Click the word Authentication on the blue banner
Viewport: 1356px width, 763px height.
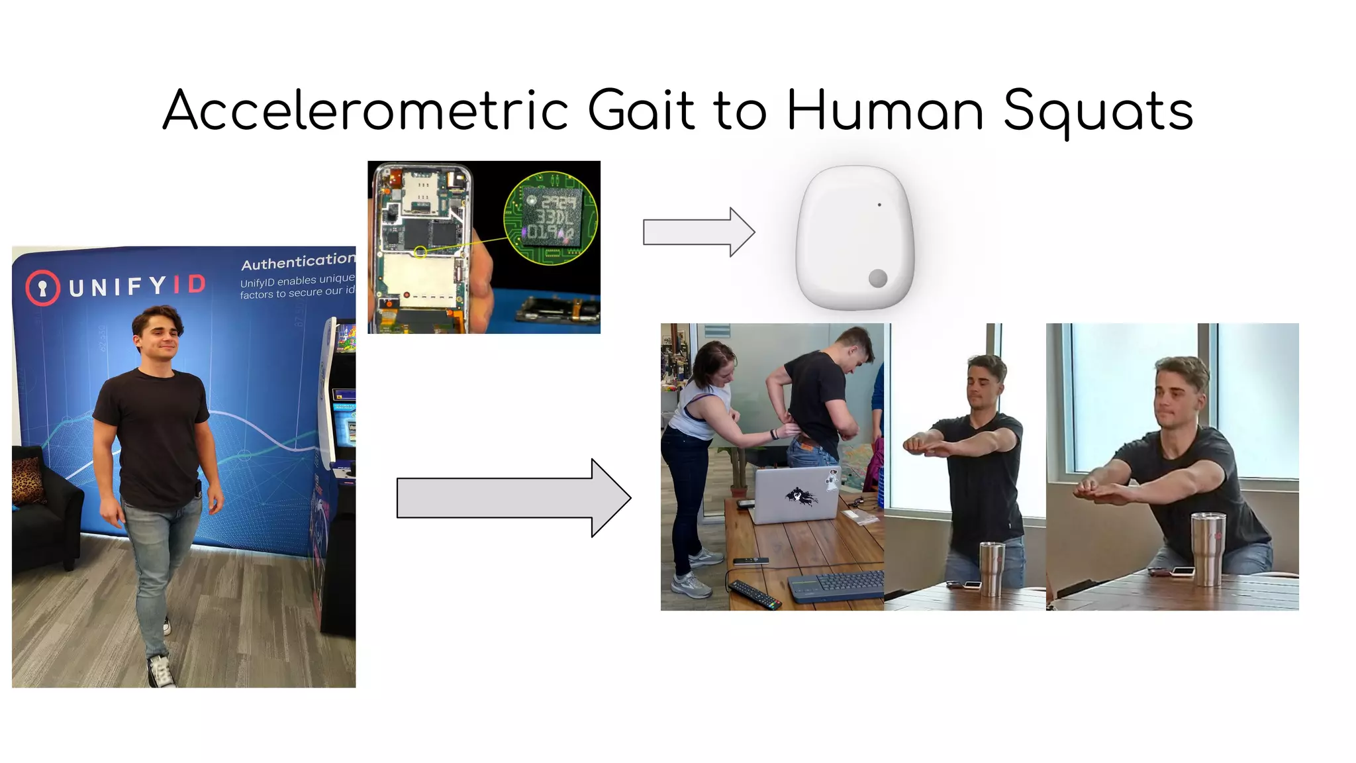298,262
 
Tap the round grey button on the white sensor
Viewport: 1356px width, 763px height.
878,278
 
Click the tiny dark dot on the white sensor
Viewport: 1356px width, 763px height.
879,205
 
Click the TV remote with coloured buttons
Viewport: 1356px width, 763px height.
754,594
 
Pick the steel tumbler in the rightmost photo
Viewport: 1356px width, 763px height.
1208,548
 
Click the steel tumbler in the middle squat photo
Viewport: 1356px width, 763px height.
992,568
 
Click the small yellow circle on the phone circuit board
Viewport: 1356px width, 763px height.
420,252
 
